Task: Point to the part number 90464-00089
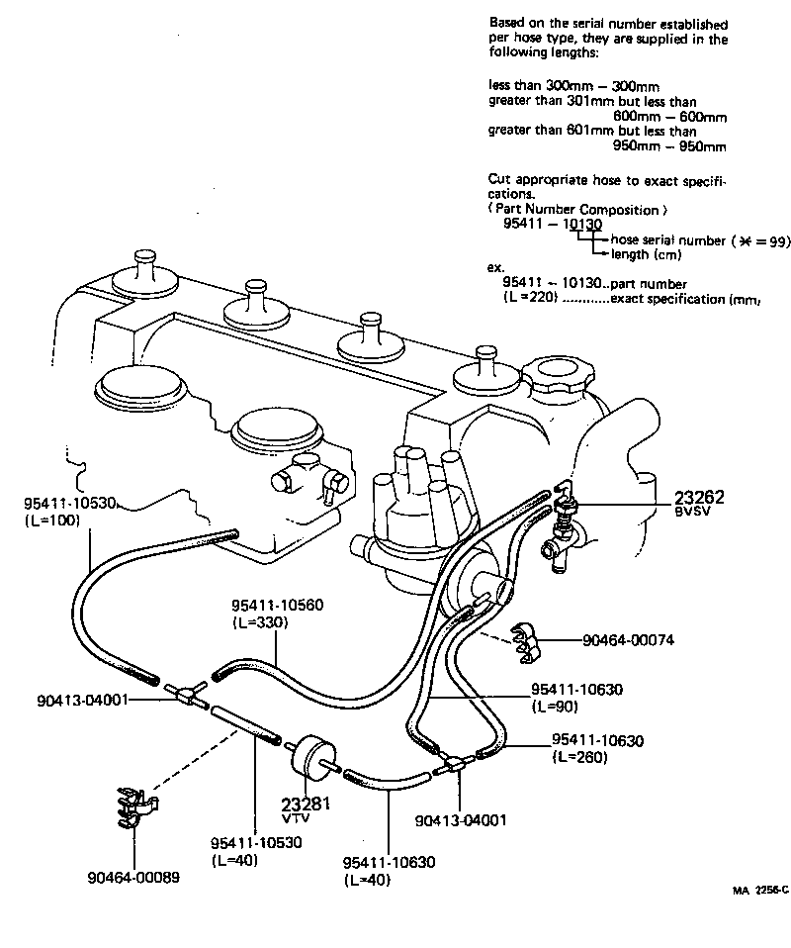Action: pyautogui.click(x=133, y=877)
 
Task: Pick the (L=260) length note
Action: pyautogui.click(x=579, y=757)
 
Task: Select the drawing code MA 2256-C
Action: pyautogui.click(x=760, y=890)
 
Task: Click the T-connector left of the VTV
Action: pyautogui.click(x=186, y=693)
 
